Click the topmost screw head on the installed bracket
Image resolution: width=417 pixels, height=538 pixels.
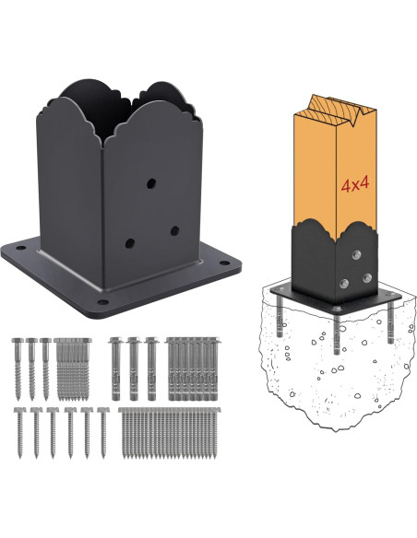click(355, 251)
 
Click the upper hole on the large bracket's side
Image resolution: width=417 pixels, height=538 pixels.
click(153, 184)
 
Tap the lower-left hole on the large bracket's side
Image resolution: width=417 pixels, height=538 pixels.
click(130, 244)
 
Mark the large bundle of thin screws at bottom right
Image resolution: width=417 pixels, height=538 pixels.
click(170, 433)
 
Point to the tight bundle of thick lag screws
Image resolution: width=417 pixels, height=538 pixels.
click(74, 367)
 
